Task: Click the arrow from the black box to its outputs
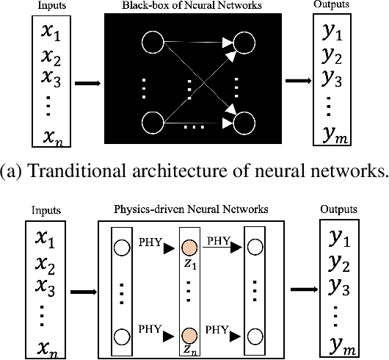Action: click(x=296, y=81)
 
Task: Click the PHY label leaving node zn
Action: click(x=217, y=331)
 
